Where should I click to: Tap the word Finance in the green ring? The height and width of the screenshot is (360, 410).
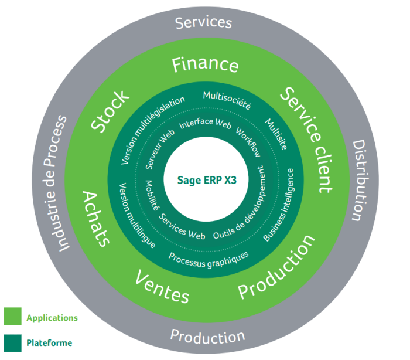click(x=205, y=65)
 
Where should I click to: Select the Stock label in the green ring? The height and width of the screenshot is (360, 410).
click(x=111, y=111)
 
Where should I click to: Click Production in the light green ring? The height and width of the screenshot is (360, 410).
click(x=276, y=267)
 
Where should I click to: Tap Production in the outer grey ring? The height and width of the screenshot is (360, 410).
click(x=207, y=337)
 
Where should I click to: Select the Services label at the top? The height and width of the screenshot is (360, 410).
click(x=204, y=22)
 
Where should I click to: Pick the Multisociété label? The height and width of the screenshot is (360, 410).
click(x=227, y=100)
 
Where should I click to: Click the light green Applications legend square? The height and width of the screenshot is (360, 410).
click(x=13, y=316)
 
